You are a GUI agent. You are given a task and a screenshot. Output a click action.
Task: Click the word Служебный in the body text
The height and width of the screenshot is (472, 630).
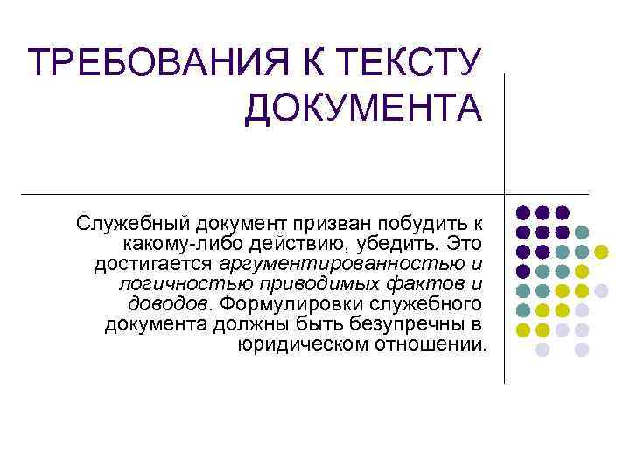click(x=131, y=220)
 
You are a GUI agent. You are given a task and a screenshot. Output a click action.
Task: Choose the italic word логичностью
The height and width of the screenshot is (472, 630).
click(x=167, y=283)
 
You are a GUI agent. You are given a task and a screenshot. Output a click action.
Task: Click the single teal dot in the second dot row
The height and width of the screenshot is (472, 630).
click(x=582, y=233)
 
